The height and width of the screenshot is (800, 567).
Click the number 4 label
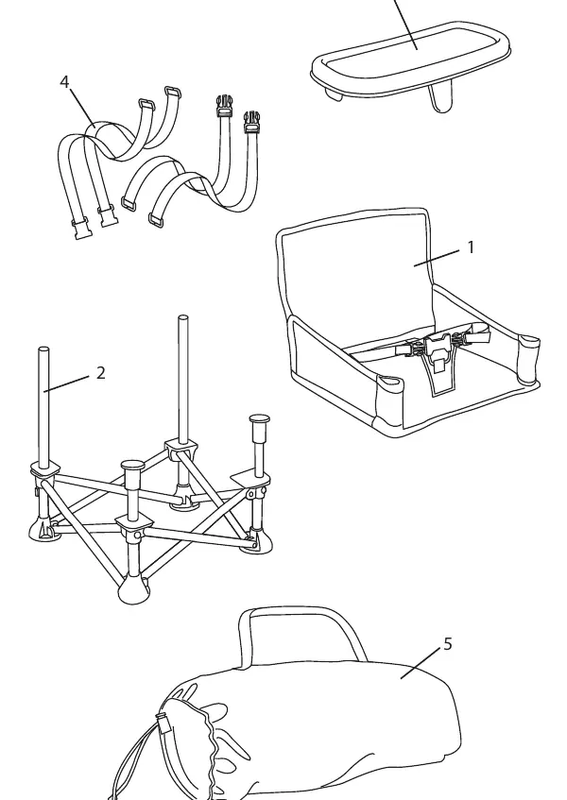(x=64, y=82)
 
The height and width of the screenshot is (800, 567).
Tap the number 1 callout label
(x=471, y=247)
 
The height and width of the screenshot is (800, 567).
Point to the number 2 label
(x=100, y=373)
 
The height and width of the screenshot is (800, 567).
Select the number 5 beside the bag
(x=448, y=644)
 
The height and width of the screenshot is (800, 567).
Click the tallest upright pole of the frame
(x=182, y=379)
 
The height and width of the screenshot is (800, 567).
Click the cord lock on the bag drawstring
(x=163, y=723)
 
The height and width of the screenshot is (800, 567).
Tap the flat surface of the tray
(x=412, y=55)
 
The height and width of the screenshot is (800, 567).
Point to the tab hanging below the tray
(x=440, y=98)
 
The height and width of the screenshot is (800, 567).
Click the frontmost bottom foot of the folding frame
(x=133, y=589)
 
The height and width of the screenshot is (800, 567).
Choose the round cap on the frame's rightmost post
(x=260, y=420)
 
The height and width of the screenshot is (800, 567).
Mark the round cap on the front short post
(x=133, y=466)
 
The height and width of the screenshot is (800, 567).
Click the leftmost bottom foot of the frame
(x=42, y=531)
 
